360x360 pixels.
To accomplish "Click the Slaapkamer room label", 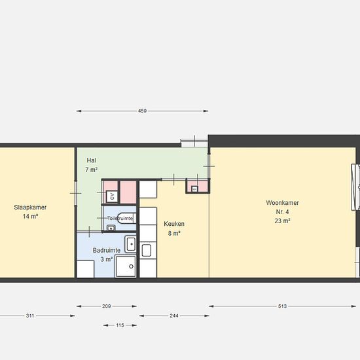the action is (30, 207).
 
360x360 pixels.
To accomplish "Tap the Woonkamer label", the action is (282, 203).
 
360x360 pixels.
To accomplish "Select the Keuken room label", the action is (174, 224).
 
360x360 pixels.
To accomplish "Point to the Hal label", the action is (91, 160).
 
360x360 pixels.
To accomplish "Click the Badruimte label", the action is (107, 250).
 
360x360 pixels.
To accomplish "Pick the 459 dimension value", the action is (142, 111).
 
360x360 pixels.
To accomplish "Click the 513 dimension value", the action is (282, 306).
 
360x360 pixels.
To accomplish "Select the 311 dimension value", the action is (30, 315).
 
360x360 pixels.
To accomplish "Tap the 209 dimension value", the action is (106, 306).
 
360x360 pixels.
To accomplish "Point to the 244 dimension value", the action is (174, 315).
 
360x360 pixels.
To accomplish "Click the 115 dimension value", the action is (120, 325).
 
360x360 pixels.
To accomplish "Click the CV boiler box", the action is (112, 196).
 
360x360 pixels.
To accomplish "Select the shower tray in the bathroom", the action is (126, 266).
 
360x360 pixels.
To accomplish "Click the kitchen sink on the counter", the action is (146, 250).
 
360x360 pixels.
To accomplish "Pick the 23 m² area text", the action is (282, 221).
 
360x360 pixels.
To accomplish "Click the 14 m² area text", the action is (30, 216).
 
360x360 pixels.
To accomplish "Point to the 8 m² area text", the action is (174, 233).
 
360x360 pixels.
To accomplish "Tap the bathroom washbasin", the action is (130, 244).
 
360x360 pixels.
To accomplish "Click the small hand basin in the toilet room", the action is (111, 228).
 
